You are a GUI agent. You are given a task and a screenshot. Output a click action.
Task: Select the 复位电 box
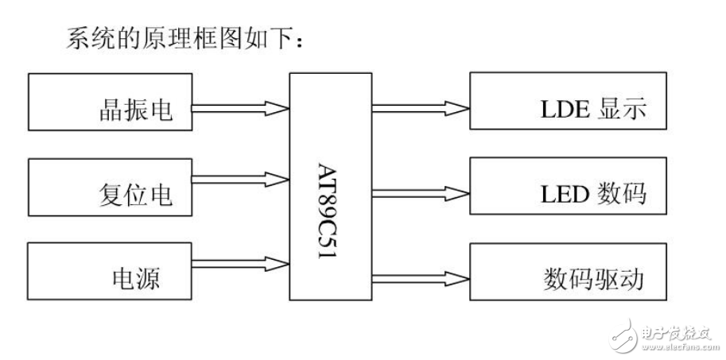(111, 187)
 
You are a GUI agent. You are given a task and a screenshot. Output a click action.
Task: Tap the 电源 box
(111, 271)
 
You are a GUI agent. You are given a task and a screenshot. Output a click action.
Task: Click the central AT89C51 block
(330, 188)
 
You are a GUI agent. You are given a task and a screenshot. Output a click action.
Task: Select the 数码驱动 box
(568, 272)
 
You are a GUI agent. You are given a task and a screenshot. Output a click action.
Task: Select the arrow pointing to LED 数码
(419, 192)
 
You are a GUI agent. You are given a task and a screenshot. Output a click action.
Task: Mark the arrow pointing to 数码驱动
(419, 277)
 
